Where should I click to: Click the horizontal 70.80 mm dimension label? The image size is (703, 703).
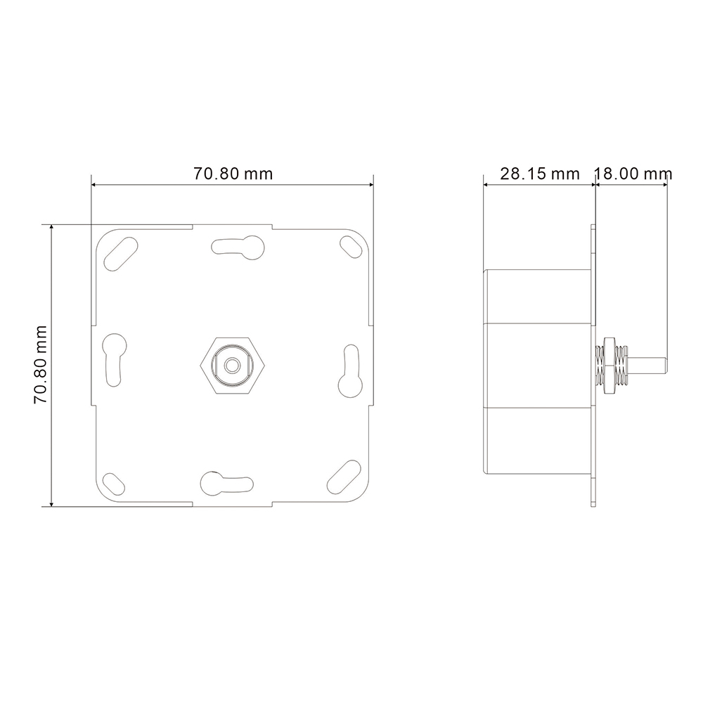coord(233,174)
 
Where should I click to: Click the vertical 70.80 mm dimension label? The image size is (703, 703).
coord(41,366)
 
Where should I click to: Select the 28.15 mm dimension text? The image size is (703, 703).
coord(540,174)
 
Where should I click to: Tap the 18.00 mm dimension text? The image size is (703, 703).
coord(633,174)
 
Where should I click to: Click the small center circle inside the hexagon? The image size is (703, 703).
coord(232,366)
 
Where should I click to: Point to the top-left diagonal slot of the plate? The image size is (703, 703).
coord(121,254)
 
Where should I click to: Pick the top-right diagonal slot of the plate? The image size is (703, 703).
coord(351,247)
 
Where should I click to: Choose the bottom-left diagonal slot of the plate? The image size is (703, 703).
coord(114,484)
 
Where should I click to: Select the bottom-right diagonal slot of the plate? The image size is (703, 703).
coord(344,477)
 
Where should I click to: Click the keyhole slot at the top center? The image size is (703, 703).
coord(238,247)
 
